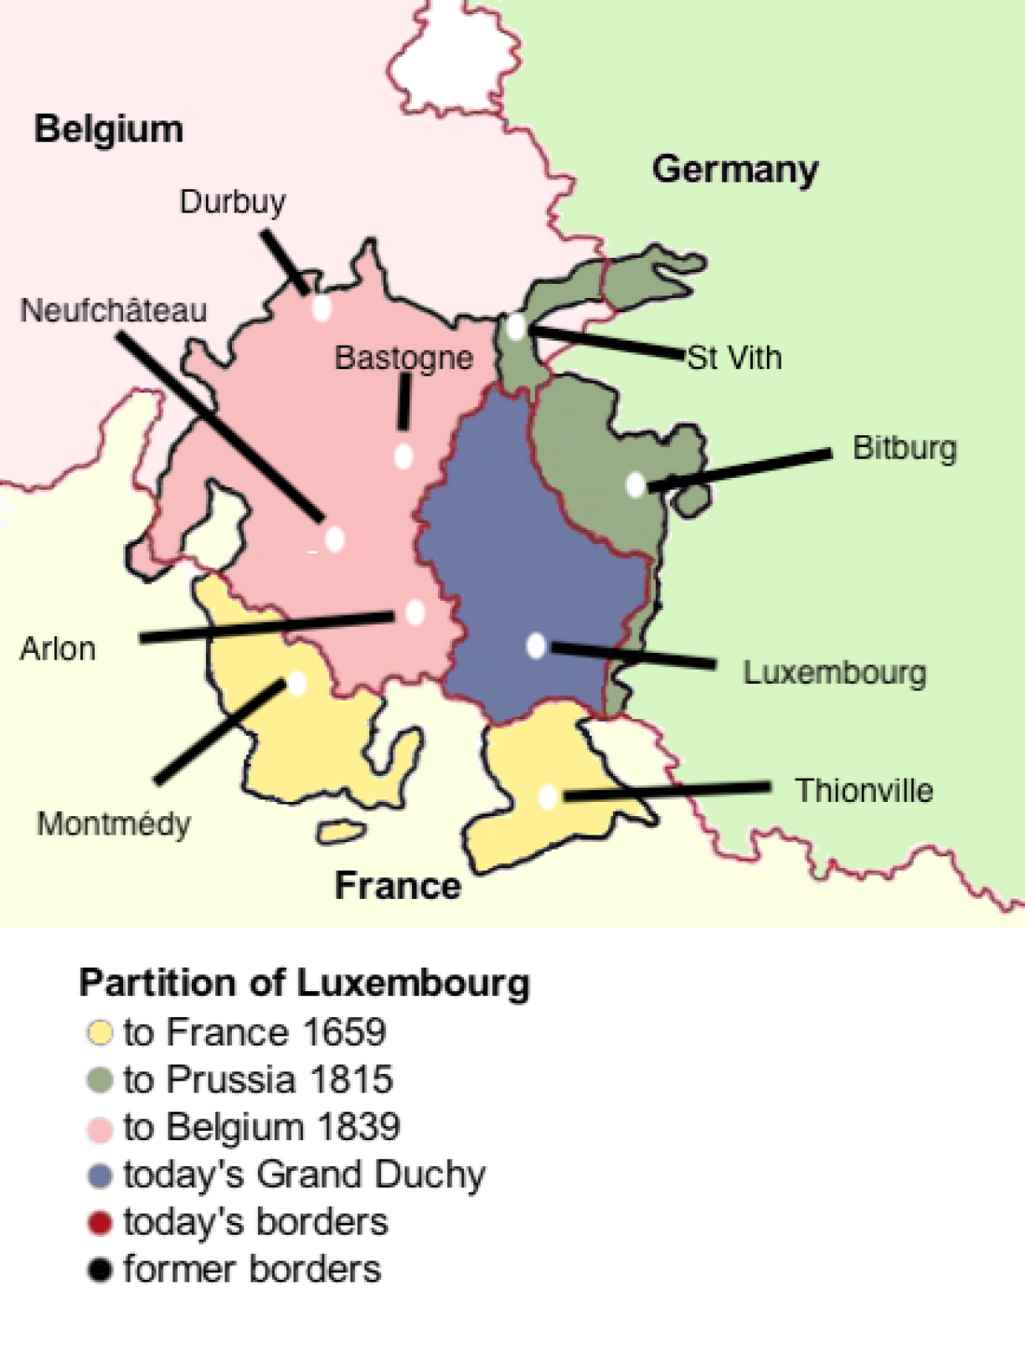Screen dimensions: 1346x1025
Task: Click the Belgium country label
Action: [x=109, y=130]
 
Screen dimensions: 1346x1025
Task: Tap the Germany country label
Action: [x=734, y=169]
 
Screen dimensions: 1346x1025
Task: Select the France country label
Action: [x=398, y=886]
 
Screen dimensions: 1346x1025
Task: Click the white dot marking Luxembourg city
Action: [x=536, y=645]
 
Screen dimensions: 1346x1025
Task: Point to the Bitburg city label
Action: [x=904, y=449]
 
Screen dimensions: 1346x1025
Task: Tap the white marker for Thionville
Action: [x=548, y=796]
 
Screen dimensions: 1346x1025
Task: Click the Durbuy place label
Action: [x=232, y=202]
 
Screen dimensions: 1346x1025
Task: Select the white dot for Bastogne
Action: [x=404, y=456]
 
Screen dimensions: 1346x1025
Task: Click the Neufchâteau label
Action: [x=114, y=311]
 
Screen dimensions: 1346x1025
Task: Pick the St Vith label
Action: [x=734, y=357]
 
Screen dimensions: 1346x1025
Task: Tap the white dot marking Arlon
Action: [x=415, y=613]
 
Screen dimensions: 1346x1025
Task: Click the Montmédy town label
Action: [x=114, y=825]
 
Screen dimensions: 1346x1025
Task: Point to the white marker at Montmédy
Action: [x=296, y=683]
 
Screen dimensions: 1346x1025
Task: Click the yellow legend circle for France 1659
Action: [x=100, y=1032]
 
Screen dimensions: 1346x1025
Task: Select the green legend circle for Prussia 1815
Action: [x=100, y=1080]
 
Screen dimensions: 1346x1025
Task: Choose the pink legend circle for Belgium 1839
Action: [x=100, y=1128]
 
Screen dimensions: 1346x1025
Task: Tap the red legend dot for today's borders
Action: [x=100, y=1223]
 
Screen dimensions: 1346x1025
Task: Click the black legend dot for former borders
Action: [x=100, y=1270]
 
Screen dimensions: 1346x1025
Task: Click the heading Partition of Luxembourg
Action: [x=304, y=983]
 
